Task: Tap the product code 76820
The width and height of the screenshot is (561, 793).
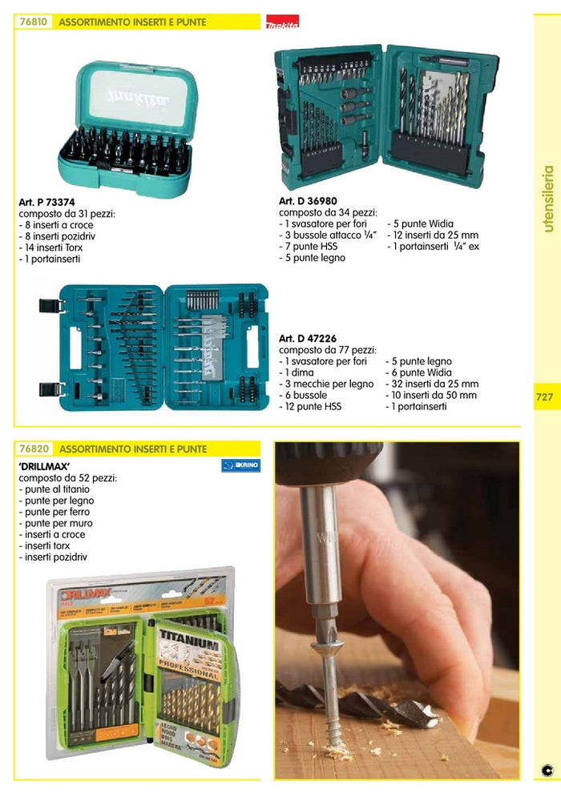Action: pyautogui.click(x=34, y=449)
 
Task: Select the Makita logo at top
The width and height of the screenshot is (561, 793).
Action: pyautogui.click(x=281, y=26)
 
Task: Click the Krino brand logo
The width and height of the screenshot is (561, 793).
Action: pyautogui.click(x=241, y=465)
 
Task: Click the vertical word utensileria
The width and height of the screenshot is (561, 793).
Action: pyautogui.click(x=548, y=199)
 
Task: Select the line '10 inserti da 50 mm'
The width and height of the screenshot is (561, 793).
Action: pyautogui.click(x=432, y=396)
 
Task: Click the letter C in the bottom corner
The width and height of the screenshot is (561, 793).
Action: pyautogui.click(x=547, y=771)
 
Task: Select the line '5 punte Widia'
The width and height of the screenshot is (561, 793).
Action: pyautogui.click(x=420, y=224)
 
